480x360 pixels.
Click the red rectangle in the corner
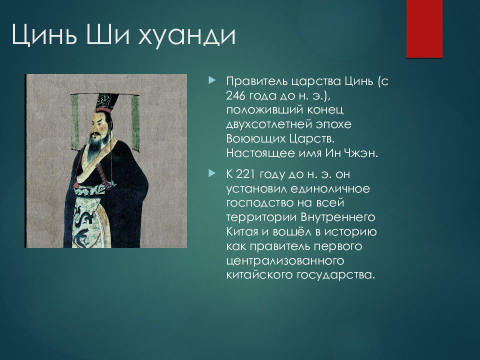[x=424, y=29]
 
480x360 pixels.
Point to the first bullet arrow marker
[x=212, y=81]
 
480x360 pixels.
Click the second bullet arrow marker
[x=212, y=173]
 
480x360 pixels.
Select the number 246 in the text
[x=236, y=96]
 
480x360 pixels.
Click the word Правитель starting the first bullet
[x=256, y=81]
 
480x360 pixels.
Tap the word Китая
[x=242, y=231]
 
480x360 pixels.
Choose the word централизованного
[x=285, y=261]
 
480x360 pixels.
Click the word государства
[x=335, y=275]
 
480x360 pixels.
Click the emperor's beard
[x=95, y=146]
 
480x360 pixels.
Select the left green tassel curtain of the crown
[x=74, y=122]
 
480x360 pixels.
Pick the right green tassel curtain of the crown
[x=135, y=123]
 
